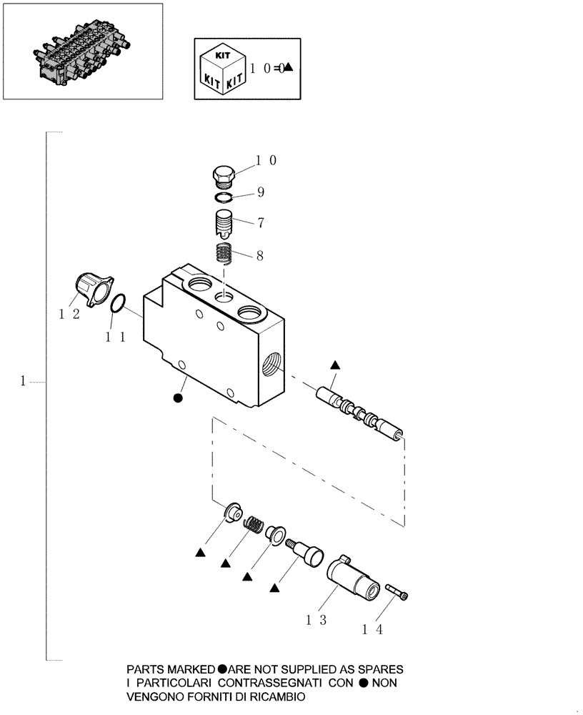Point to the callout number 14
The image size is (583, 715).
(x=373, y=630)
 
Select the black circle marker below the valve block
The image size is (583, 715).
(x=178, y=398)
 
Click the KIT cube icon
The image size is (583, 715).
(x=221, y=68)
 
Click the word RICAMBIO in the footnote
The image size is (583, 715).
(x=274, y=696)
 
